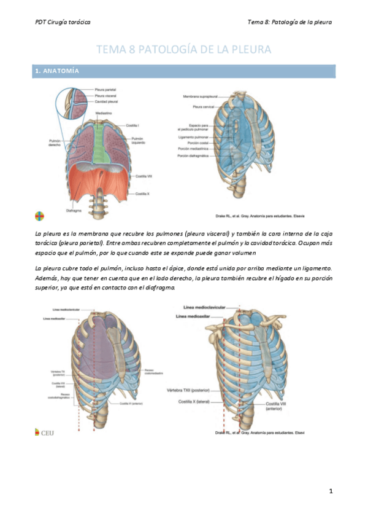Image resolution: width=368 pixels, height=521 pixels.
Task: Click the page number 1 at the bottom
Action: click(331, 491)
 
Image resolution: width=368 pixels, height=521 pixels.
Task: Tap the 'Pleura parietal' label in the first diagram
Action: click(105, 90)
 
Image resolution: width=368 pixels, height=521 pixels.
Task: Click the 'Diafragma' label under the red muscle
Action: click(74, 210)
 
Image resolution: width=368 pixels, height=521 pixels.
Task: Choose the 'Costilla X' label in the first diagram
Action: click(142, 194)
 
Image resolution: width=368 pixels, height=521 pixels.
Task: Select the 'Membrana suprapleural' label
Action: click(198, 96)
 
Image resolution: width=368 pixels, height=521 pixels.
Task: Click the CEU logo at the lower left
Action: click(44, 433)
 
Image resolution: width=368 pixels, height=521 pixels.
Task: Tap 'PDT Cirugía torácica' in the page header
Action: click(63, 22)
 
